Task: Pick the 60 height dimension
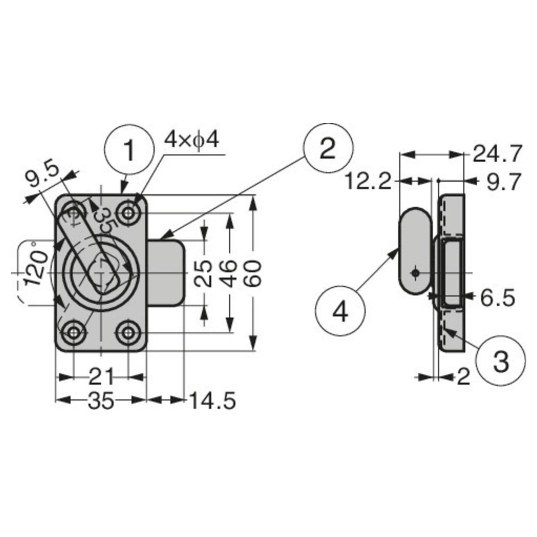click(254, 273)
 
